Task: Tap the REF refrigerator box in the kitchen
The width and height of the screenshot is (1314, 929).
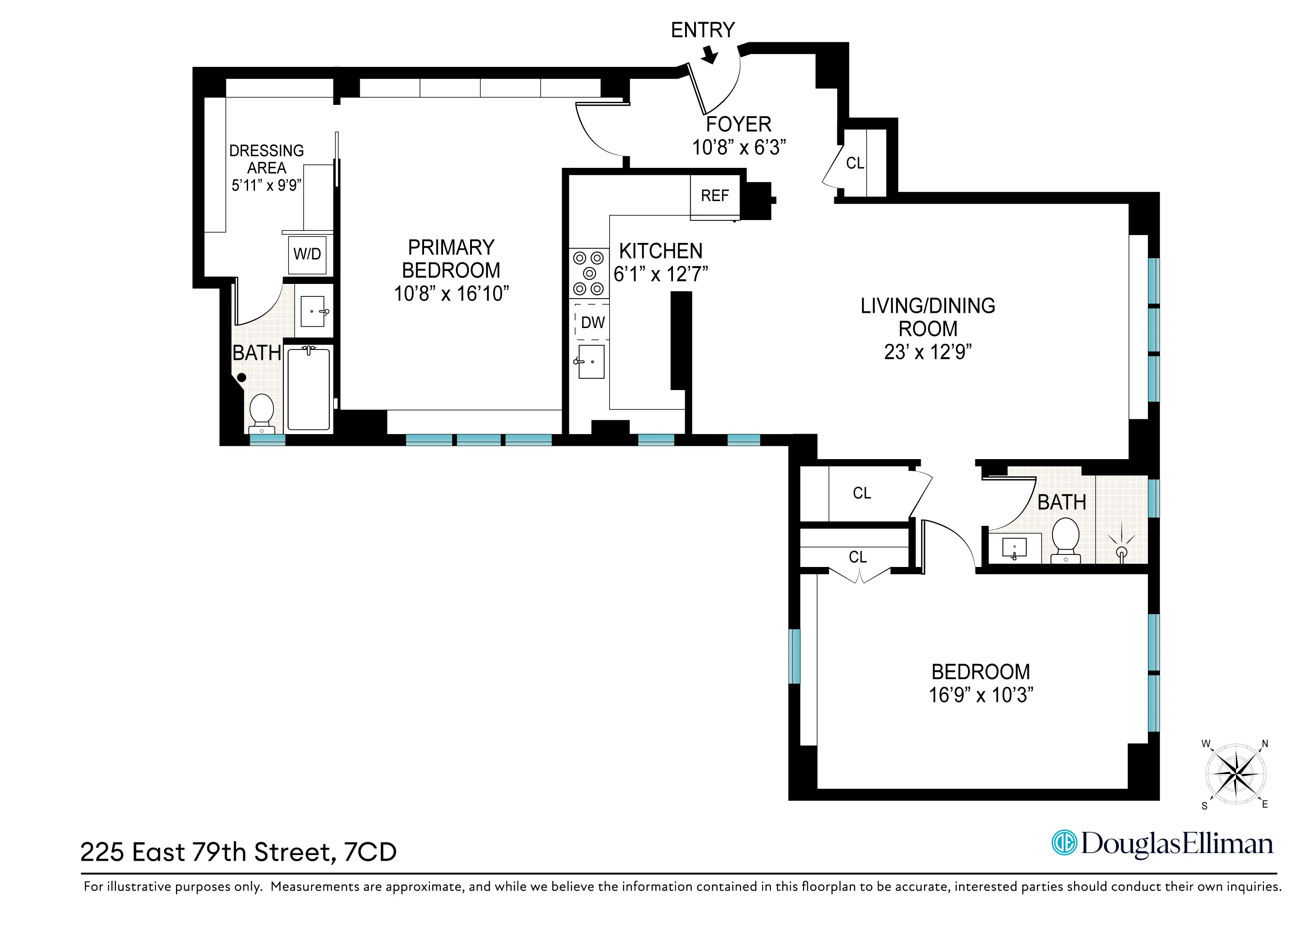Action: (x=715, y=196)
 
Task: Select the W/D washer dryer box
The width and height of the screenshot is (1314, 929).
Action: (x=307, y=254)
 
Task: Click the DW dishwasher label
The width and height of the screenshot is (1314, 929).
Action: (x=592, y=323)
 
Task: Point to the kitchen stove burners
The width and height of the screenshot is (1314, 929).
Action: (x=589, y=274)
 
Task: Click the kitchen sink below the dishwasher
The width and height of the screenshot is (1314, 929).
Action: (x=591, y=362)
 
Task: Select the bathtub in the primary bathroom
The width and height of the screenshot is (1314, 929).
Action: (x=308, y=389)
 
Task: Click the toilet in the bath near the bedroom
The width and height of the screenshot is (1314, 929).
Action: (x=1066, y=540)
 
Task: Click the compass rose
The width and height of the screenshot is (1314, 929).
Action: (x=1236, y=775)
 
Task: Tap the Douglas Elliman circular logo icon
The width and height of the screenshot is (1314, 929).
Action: (x=1065, y=843)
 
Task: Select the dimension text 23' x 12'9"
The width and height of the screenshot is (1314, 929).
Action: (x=928, y=352)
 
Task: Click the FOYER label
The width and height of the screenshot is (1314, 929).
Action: (x=738, y=124)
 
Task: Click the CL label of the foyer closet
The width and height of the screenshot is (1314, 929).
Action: (x=855, y=164)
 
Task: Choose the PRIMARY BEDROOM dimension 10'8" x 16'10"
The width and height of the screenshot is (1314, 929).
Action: (x=451, y=294)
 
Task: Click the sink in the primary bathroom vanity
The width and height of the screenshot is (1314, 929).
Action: (x=312, y=312)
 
